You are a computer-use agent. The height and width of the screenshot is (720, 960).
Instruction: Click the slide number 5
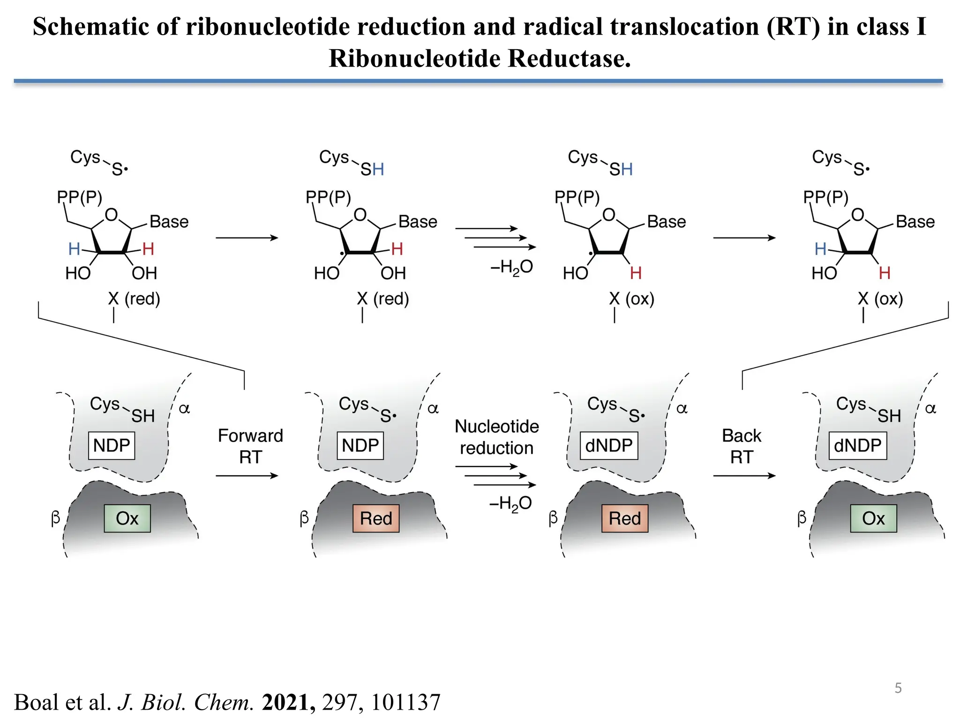[898, 688]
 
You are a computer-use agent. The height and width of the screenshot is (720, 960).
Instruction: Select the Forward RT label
[250, 446]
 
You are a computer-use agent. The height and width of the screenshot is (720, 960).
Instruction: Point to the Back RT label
[741, 446]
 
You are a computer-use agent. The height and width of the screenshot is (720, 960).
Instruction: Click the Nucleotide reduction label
[496, 437]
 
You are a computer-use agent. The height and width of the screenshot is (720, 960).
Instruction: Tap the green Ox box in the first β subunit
[127, 518]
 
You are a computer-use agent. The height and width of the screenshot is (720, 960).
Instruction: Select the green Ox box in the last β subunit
[873, 518]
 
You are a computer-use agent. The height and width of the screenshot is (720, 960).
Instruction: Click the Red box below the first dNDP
[624, 518]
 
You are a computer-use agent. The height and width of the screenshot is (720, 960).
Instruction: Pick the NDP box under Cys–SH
[112, 445]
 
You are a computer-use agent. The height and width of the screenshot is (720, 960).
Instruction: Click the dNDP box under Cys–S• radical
[608, 445]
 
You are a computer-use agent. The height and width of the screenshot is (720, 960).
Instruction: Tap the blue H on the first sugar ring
[74, 249]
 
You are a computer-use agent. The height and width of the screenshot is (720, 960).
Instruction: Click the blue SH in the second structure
[372, 169]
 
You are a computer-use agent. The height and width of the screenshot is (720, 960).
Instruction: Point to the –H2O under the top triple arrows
[511, 268]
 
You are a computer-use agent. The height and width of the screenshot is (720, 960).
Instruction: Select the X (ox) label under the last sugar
[880, 299]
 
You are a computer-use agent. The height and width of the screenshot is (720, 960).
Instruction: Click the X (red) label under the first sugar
[134, 299]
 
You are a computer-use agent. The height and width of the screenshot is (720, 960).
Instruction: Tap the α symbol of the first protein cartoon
[184, 408]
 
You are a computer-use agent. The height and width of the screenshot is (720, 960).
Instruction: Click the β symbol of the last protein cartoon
[802, 517]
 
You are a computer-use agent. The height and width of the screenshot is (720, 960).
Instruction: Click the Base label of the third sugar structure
[666, 221]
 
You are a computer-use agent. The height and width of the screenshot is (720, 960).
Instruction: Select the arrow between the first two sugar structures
[247, 238]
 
